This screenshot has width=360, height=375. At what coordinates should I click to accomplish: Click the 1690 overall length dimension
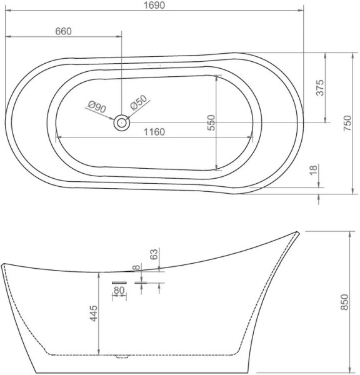(154, 5)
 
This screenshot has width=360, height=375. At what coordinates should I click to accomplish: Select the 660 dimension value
(63, 31)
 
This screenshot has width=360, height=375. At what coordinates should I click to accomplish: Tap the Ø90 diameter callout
(97, 107)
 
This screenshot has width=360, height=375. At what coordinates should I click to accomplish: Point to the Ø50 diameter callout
(139, 102)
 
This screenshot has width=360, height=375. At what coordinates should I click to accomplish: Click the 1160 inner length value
(154, 132)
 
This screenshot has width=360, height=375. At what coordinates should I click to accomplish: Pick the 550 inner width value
(211, 122)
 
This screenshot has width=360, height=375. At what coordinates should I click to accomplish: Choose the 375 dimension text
(320, 87)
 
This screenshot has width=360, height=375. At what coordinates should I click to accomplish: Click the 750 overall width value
(347, 123)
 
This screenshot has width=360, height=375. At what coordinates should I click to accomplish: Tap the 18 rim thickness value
(313, 170)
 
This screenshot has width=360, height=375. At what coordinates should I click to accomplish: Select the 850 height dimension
(345, 302)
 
